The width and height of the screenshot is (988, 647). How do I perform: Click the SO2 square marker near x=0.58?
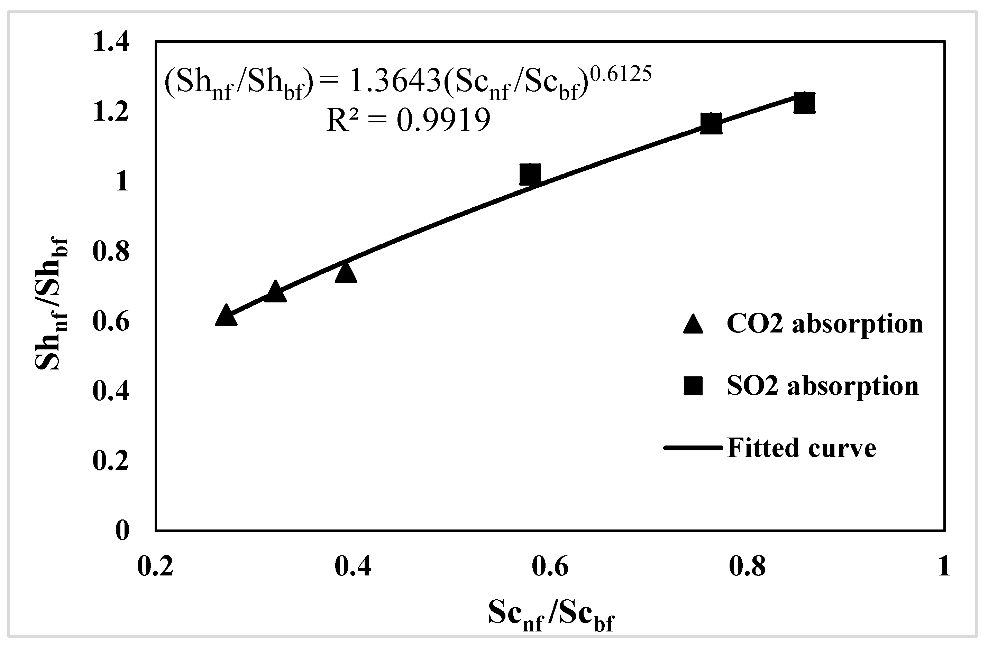pyautogui.click(x=530, y=174)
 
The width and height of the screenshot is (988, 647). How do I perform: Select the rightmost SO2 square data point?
pyautogui.click(x=804, y=103)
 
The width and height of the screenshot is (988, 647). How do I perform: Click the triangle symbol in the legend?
pyautogui.click(x=693, y=324)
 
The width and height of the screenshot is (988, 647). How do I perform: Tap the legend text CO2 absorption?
pyautogui.click(x=825, y=324)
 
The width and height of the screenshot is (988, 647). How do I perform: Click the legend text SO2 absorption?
pyautogui.click(x=823, y=386)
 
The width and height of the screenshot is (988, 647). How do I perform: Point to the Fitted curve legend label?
pyautogui.click(x=802, y=448)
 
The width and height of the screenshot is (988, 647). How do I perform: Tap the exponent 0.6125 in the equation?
pyautogui.click(x=621, y=74)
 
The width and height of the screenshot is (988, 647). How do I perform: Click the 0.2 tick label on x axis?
pyautogui.click(x=155, y=567)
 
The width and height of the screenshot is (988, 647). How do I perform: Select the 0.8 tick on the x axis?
pyautogui.click(x=747, y=567)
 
